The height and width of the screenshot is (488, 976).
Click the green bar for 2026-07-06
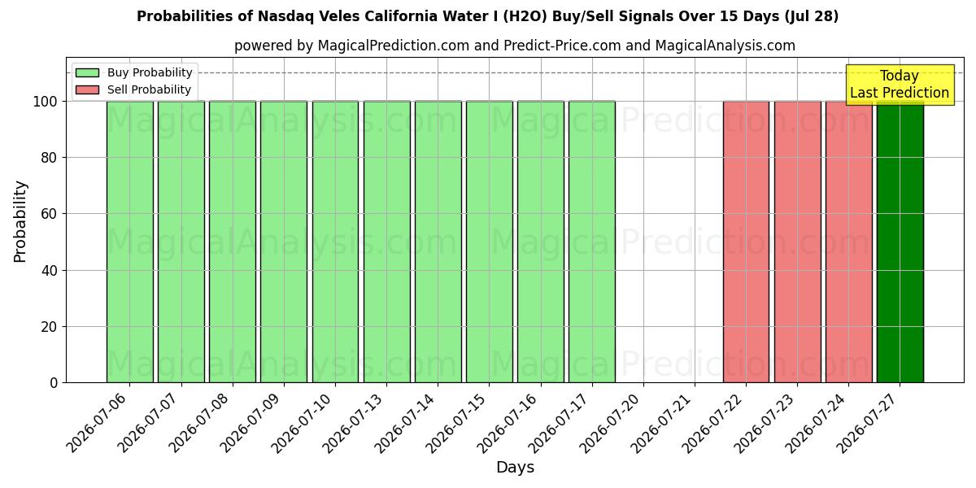[x=130, y=242]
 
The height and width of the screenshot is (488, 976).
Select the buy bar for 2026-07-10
[x=335, y=242]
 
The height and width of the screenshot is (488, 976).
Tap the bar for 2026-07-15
[x=490, y=242]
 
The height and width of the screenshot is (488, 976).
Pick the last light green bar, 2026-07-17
[x=592, y=242]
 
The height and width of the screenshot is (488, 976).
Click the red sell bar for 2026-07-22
[x=746, y=242]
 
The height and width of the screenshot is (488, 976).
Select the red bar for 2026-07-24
[x=849, y=242]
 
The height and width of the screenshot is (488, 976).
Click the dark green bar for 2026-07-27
[x=900, y=242]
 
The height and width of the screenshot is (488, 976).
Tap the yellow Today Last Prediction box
[x=900, y=85]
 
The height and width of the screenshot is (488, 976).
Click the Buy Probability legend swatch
[x=87, y=72]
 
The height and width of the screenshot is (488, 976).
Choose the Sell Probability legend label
[x=149, y=89]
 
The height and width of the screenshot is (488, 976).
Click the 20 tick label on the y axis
[x=49, y=327]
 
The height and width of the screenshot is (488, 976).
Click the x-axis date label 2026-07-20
[x=610, y=424]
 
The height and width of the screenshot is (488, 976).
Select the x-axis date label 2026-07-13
[x=353, y=424]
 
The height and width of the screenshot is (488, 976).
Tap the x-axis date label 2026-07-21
[x=661, y=424]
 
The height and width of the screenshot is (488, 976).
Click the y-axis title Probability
[x=20, y=221]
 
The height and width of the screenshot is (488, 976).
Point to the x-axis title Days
[x=515, y=468]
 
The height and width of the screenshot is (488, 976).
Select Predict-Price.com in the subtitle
[x=562, y=46]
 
